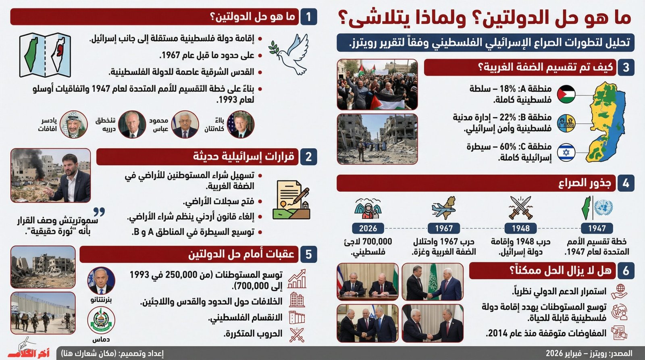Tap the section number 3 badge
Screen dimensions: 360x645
[x=625, y=67]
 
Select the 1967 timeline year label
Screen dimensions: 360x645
[x=443, y=228]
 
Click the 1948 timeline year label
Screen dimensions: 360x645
[x=520, y=228]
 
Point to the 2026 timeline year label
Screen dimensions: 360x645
[x=368, y=228]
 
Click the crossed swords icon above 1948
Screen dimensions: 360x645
[x=520, y=207]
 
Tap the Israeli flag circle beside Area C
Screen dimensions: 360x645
[x=566, y=153]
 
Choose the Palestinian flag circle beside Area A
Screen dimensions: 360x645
[x=566, y=94]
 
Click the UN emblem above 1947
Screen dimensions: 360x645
[x=603, y=208]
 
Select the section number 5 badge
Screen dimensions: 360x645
[x=308, y=254]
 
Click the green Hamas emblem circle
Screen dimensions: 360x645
[x=101, y=320]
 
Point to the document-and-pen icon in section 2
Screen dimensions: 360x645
[x=291, y=200]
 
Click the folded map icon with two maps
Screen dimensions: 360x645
[x=45, y=55]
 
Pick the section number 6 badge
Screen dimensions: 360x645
[x=625, y=271]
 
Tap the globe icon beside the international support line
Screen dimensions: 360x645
[x=619, y=290]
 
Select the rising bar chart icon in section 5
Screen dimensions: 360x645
[x=297, y=279]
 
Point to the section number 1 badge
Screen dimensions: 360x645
[x=308, y=17]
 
